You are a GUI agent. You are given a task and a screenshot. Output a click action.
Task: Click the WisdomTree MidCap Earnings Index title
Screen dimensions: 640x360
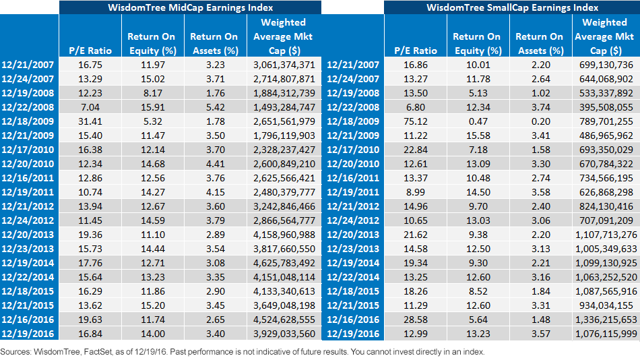(x=190, y=7)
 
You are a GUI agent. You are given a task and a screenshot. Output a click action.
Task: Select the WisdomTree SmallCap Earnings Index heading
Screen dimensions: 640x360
(x=512, y=7)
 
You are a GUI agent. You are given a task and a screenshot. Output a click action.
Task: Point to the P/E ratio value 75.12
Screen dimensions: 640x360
(x=416, y=121)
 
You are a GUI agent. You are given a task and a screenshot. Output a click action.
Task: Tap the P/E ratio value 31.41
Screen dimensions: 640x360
(x=90, y=121)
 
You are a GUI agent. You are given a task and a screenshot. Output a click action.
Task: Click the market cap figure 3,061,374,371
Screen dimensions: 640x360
(x=284, y=65)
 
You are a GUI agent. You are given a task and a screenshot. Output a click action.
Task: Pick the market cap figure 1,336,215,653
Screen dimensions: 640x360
(x=606, y=320)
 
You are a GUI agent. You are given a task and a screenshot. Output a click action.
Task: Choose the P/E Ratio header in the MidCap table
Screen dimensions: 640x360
(x=90, y=51)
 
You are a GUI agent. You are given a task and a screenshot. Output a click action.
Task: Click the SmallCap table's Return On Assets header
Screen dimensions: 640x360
(x=540, y=43)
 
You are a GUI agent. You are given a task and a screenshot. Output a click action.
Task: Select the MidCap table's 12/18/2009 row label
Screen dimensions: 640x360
(x=28, y=121)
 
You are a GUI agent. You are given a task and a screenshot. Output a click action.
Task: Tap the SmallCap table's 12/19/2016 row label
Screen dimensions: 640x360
(x=353, y=334)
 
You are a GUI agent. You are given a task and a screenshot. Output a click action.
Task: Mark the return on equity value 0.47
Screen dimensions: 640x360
(x=478, y=121)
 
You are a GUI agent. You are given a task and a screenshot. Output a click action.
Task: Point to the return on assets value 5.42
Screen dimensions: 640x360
(x=216, y=107)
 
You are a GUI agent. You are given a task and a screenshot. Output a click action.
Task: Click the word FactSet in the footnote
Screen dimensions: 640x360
(x=97, y=352)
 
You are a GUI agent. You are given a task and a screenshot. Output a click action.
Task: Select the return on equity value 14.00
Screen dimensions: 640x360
(x=153, y=334)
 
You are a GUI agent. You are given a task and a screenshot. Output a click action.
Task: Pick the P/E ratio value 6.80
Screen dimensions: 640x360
(x=416, y=107)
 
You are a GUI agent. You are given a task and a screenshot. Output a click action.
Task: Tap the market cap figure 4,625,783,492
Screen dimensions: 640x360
(x=284, y=263)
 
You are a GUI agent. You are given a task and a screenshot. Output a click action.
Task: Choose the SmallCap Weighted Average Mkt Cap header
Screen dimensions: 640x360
(x=604, y=36)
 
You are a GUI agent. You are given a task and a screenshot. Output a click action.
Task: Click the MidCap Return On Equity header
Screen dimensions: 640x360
(x=152, y=43)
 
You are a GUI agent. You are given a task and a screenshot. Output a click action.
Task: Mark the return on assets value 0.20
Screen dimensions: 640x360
(x=541, y=121)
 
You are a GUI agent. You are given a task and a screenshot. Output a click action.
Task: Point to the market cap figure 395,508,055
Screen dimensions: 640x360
(x=606, y=107)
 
